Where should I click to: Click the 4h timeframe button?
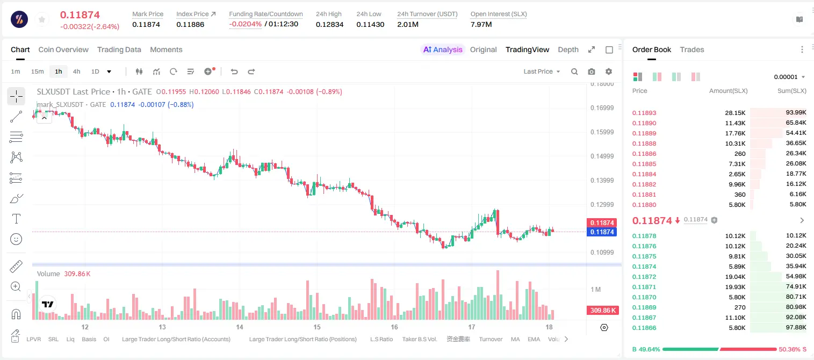coord(76,71)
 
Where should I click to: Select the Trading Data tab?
coord(119,50)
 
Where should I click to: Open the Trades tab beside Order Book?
coord(692,50)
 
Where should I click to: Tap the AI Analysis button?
coord(443,50)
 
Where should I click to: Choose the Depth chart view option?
coord(568,50)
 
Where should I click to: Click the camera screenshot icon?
coord(592,71)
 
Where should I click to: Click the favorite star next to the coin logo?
coord(42,20)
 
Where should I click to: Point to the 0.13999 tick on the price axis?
coord(602,181)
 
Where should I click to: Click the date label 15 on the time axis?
coord(317,327)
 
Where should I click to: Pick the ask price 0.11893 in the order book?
coord(644,113)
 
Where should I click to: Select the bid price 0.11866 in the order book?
coord(644,328)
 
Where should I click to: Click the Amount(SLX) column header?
coord(728,91)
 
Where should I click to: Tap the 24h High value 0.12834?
coord(329,25)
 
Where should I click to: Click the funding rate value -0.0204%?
coord(246,24)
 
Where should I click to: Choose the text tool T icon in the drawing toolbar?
coord(16,219)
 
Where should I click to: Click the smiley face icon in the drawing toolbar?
coord(16,239)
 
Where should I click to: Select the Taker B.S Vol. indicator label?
coord(420,339)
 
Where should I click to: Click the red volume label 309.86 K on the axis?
coord(603,311)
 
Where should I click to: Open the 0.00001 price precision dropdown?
coord(789,77)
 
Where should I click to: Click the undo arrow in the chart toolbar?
coord(234,71)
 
